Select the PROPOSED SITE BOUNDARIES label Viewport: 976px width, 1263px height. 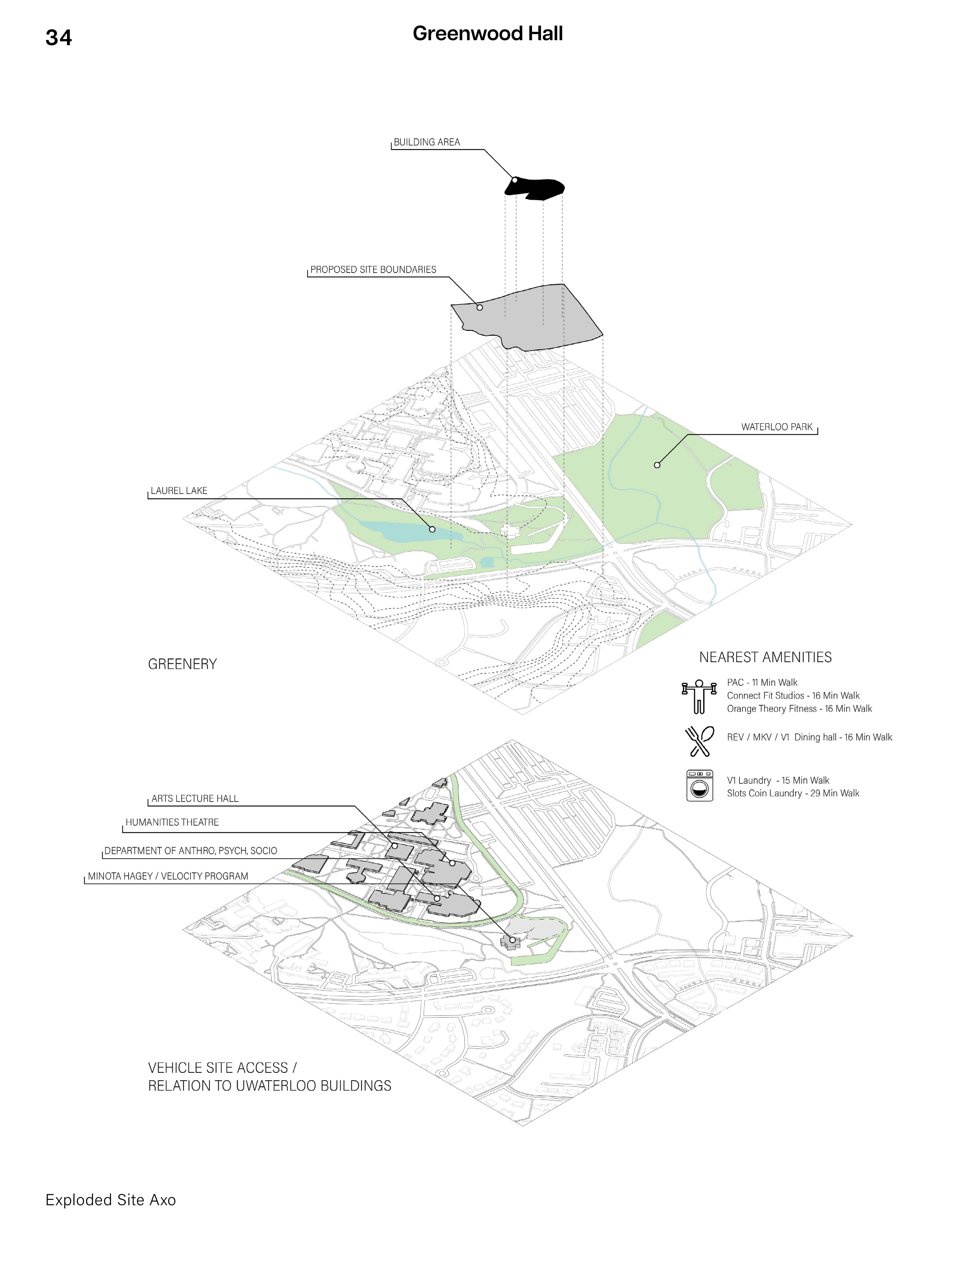(373, 269)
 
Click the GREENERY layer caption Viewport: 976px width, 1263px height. (182, 664)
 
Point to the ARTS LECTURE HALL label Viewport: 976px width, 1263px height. (195, 799)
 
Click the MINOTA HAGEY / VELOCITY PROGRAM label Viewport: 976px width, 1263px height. (168, 876)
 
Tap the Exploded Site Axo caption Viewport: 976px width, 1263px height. (110, 1200)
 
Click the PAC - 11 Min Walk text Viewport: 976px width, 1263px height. (762, 682)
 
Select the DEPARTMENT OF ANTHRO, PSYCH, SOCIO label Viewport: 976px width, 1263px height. (190, 851)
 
